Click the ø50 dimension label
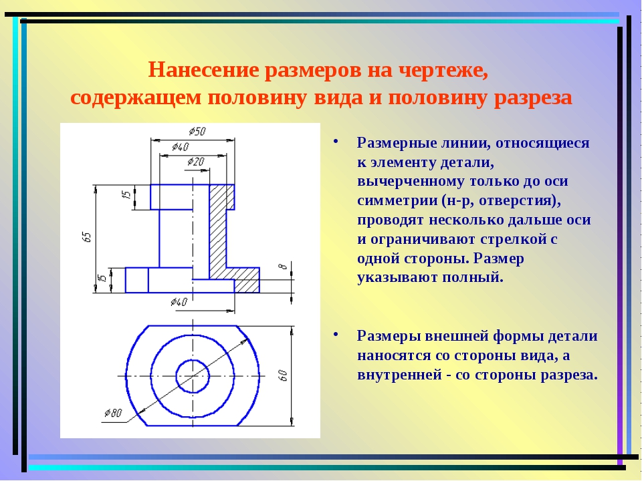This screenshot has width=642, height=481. (197, 132)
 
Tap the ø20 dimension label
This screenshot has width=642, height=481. (196, 162)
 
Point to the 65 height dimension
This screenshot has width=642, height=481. (86, 236)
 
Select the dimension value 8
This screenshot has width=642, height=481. (282, 267)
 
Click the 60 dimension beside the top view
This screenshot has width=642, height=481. (282, 375)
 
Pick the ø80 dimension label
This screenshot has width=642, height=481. (113, 413)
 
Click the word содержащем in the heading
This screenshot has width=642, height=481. (136, 98)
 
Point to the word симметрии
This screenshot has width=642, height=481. (397, 201)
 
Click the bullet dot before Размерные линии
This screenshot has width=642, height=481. (336, 141)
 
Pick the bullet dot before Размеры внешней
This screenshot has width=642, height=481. (336, 334)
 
